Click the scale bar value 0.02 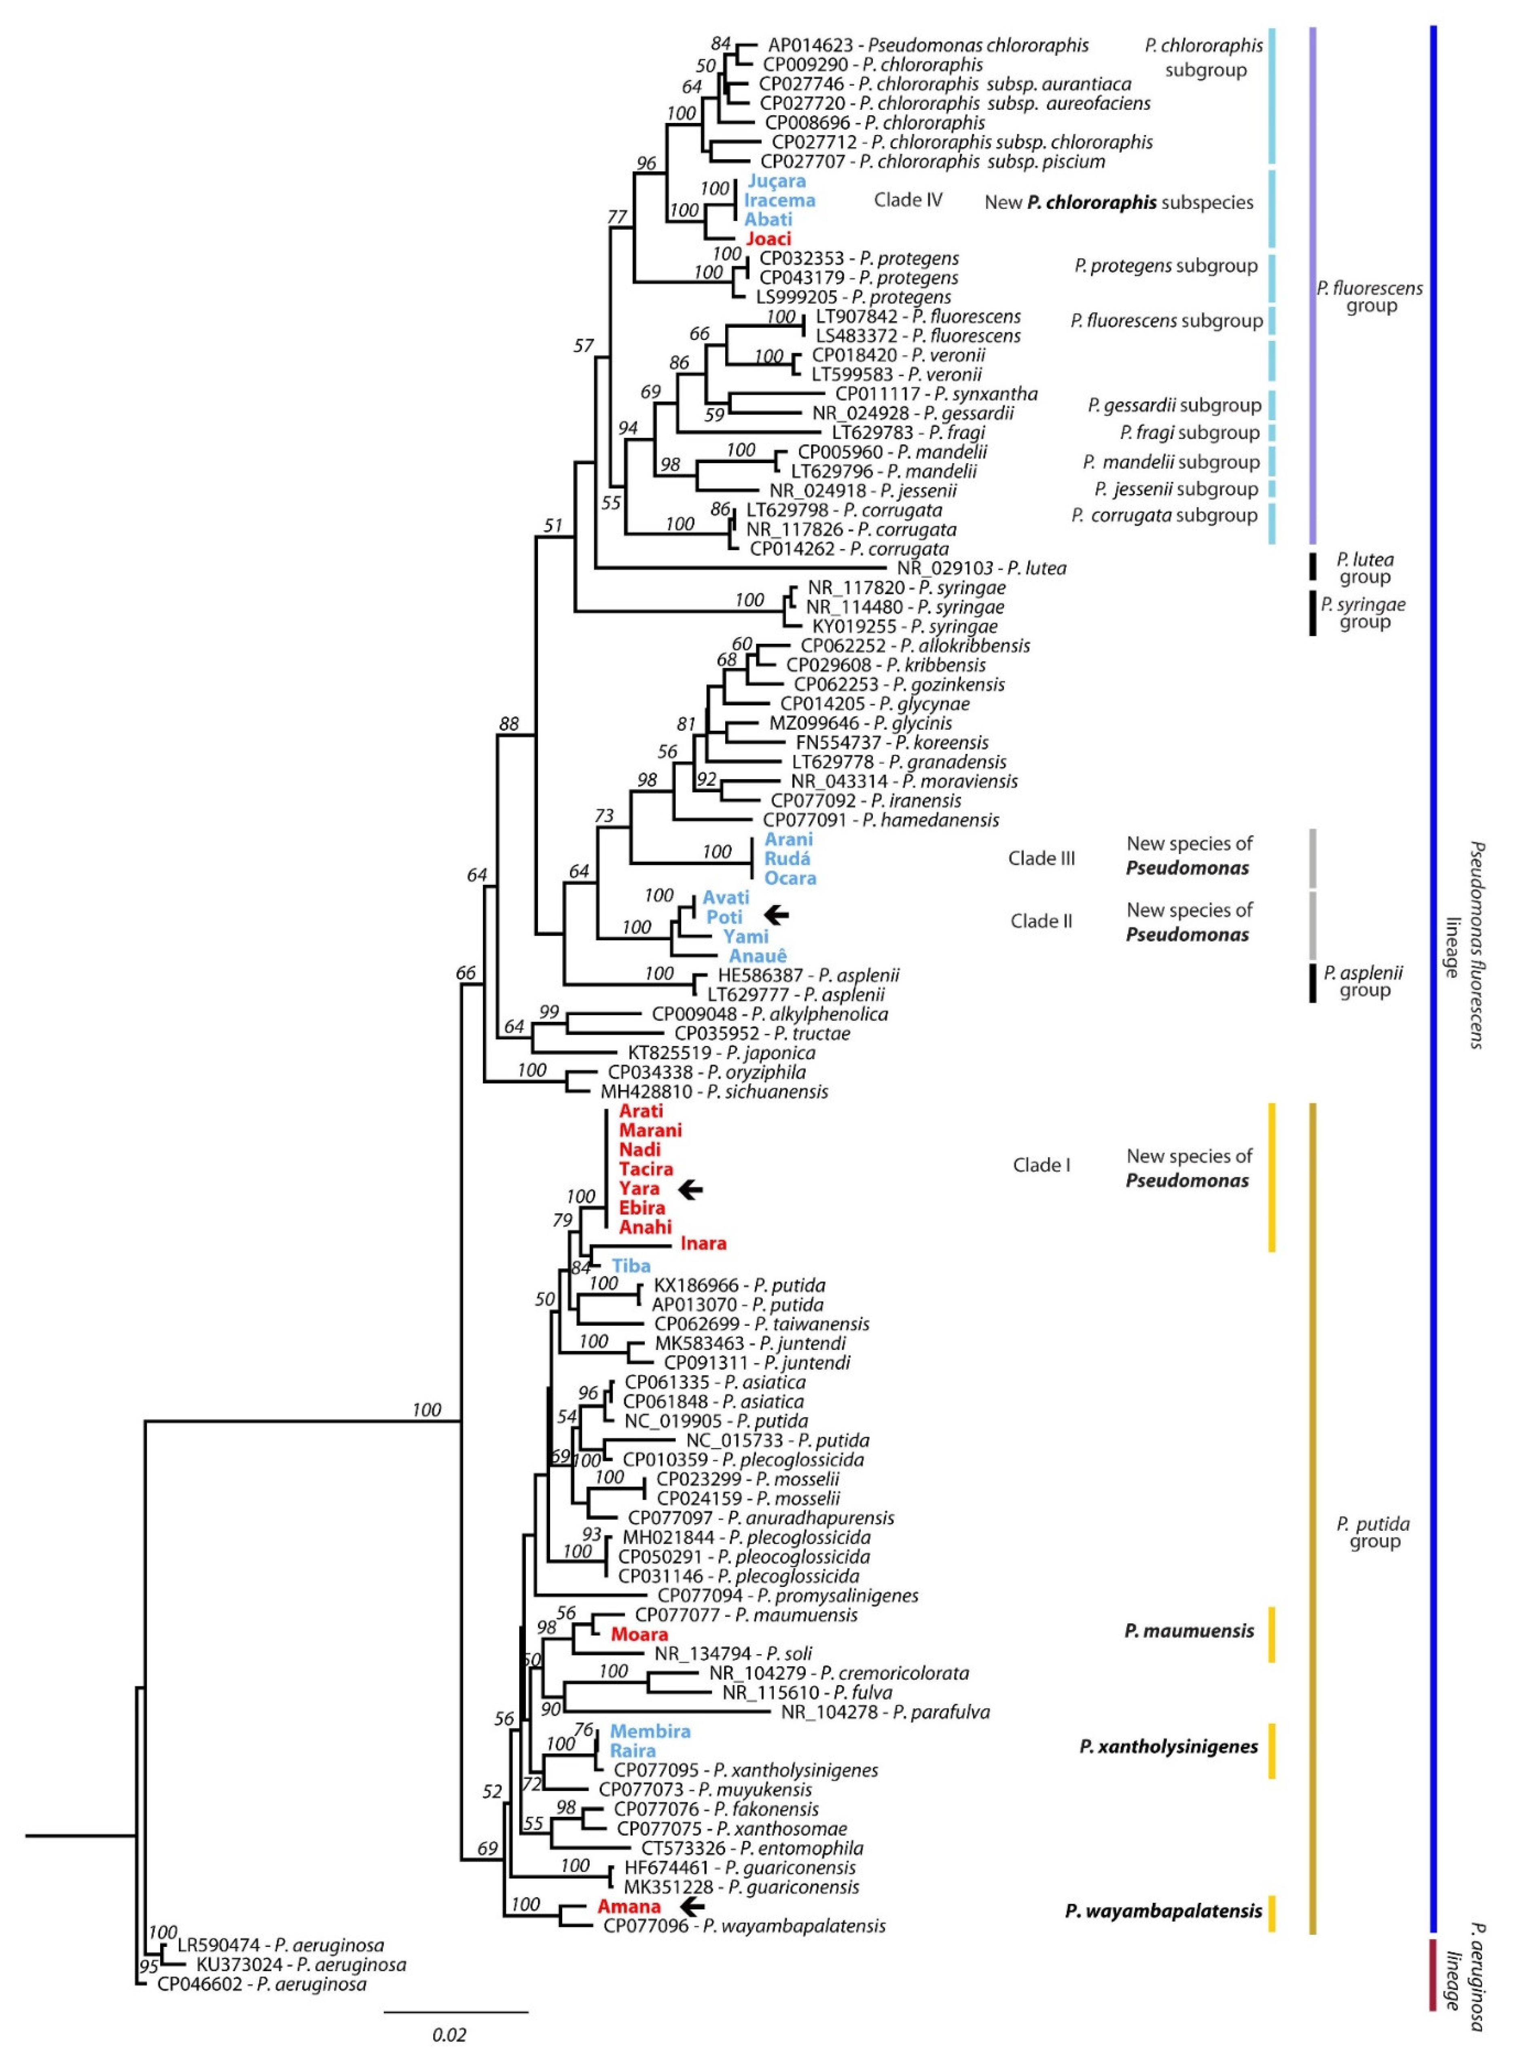pos(449,2035)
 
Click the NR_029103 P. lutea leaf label pos(981,569)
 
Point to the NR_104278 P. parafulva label pos(885,1712)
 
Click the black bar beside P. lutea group pos(1312,567)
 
